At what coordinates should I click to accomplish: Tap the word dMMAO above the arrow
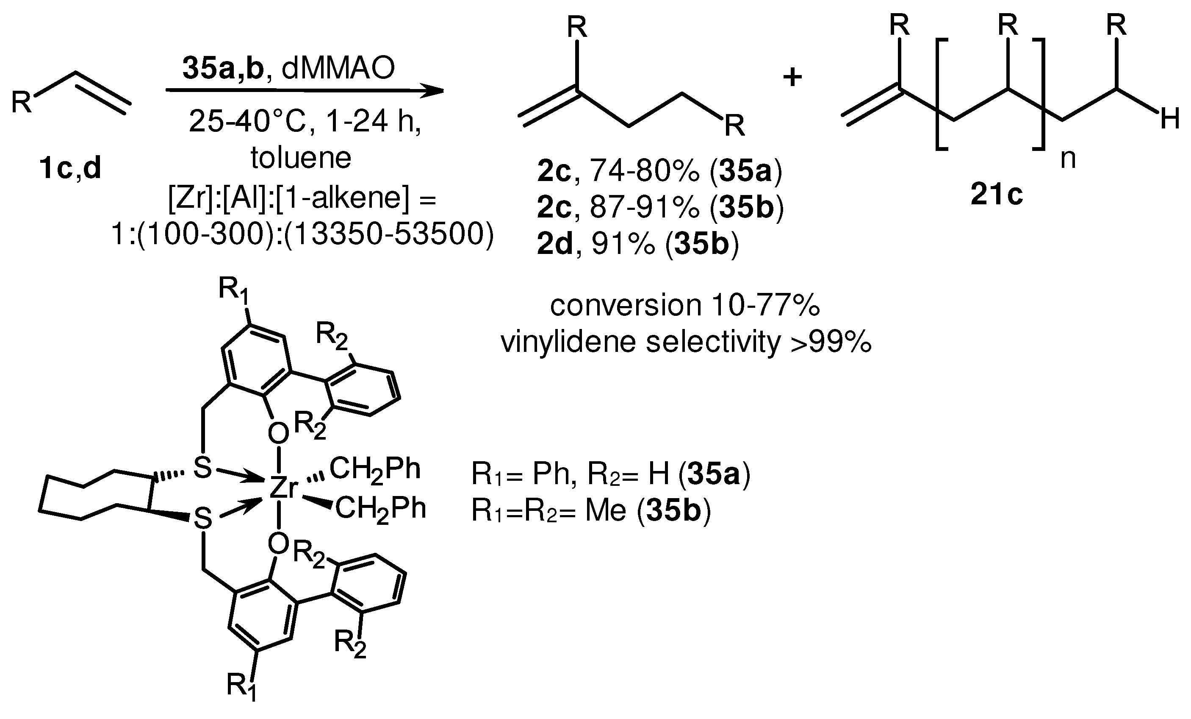(x=338, y=68)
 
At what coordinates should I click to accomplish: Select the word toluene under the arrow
(x=301, y=158)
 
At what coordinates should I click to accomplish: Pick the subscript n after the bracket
(x=1068, y=159)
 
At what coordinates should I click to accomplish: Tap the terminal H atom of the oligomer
(x=1170, y=119)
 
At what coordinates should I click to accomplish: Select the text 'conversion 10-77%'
(x=685, y=305)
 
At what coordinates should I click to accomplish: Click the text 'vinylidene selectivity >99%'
(x=686, y=342)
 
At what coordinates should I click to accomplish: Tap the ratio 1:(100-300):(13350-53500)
(x=302, y=235)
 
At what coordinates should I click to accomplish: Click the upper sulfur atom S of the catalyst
(x=202, y=468)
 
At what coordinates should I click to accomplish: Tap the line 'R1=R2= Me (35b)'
(x=591, y=511)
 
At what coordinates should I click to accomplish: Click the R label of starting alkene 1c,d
(x=21, y=103)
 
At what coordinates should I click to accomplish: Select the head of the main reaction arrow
(x=432, y=90)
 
